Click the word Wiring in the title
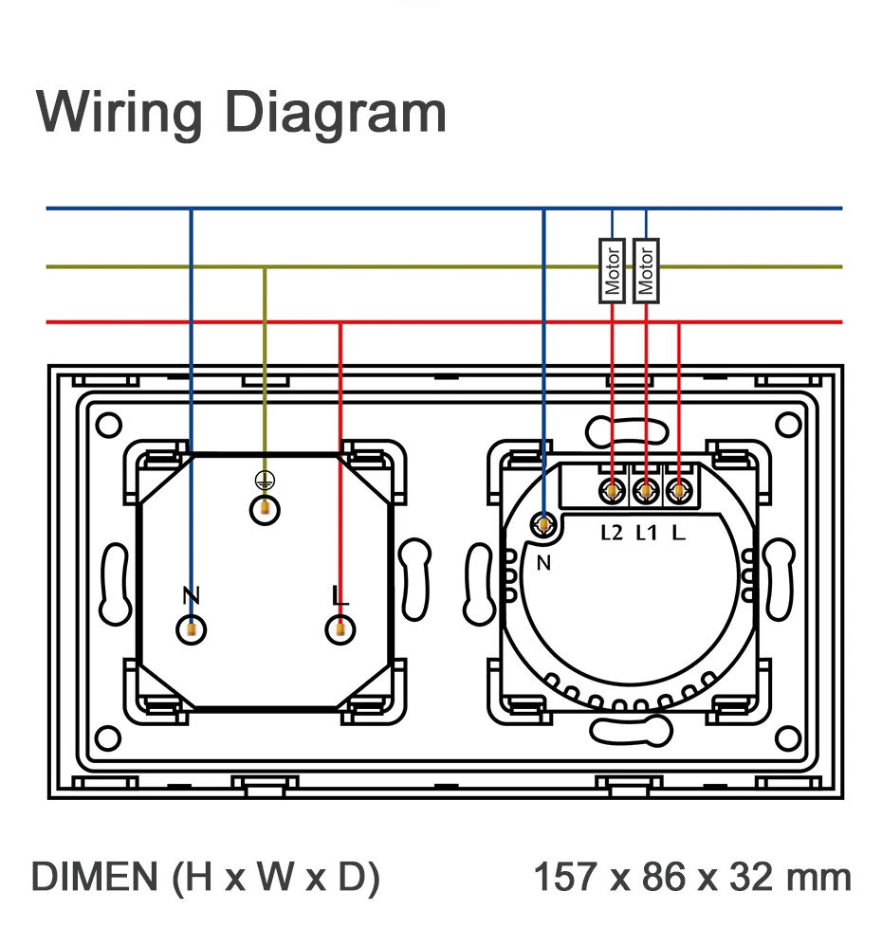[x=119, y=113]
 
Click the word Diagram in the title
[x=336, y=113]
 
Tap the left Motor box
[x=612, y=271]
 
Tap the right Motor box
[x=646, y=271]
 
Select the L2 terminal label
[x=612, y=533]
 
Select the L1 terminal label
[x=646, y=533]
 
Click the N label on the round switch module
[x=544, y=563]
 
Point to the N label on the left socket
[x=191, y=595]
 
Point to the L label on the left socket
[x=340, y=595]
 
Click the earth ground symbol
[x=265, y=481]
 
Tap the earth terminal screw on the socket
[x=265, y=510]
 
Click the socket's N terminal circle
[x=191, y=629]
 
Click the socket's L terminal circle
[x=340, y=629]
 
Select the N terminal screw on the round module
[x=544, y=525]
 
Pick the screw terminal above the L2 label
[x=612, y=492]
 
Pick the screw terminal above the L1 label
[x=646, y=492]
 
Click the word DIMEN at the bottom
[x=95, y=877]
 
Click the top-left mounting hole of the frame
[x=109, y=425]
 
